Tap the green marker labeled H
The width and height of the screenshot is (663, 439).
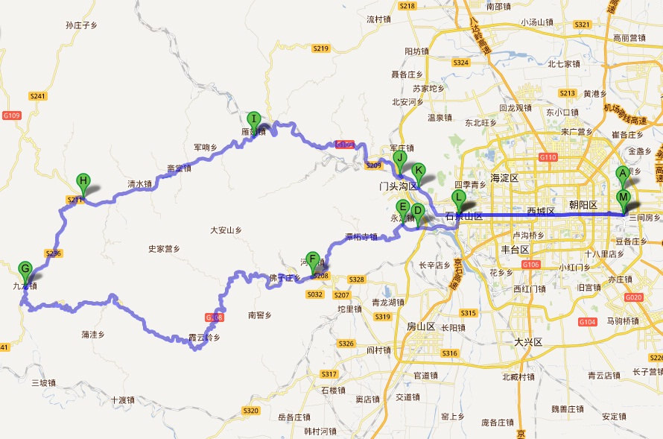click(83, 181)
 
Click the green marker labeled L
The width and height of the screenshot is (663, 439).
click(459, 198)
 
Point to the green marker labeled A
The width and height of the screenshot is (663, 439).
click(623, 174)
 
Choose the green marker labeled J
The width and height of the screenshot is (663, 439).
click(400, 158)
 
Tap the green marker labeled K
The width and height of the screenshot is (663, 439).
click(419, 170)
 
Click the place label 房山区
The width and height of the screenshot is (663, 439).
click(422, 326)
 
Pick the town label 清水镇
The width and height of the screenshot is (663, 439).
click(139, 184)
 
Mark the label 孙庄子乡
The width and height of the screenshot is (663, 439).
click(82, 25)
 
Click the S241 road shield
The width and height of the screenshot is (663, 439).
click(38, 96)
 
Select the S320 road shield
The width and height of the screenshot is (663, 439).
click(251, 411)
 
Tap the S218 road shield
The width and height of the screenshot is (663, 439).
click(407, 6)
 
